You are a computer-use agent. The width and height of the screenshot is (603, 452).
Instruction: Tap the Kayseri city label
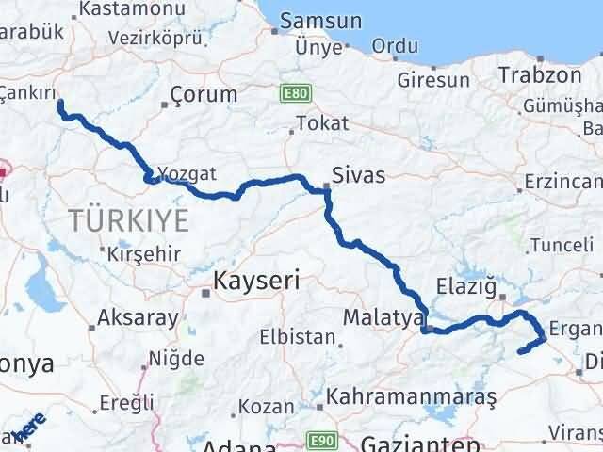click(x=255, y=281)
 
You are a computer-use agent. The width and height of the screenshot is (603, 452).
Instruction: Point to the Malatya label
click(x=383, y=317)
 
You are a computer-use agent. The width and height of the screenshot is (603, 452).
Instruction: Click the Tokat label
click(x=321, y=123)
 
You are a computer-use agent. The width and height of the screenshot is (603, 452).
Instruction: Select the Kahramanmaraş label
click(x=411, y=398)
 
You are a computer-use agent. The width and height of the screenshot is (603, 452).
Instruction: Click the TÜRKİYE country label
click(x=128, y=222)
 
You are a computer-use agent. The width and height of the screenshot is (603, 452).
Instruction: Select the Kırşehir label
click(x=142, y=254)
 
